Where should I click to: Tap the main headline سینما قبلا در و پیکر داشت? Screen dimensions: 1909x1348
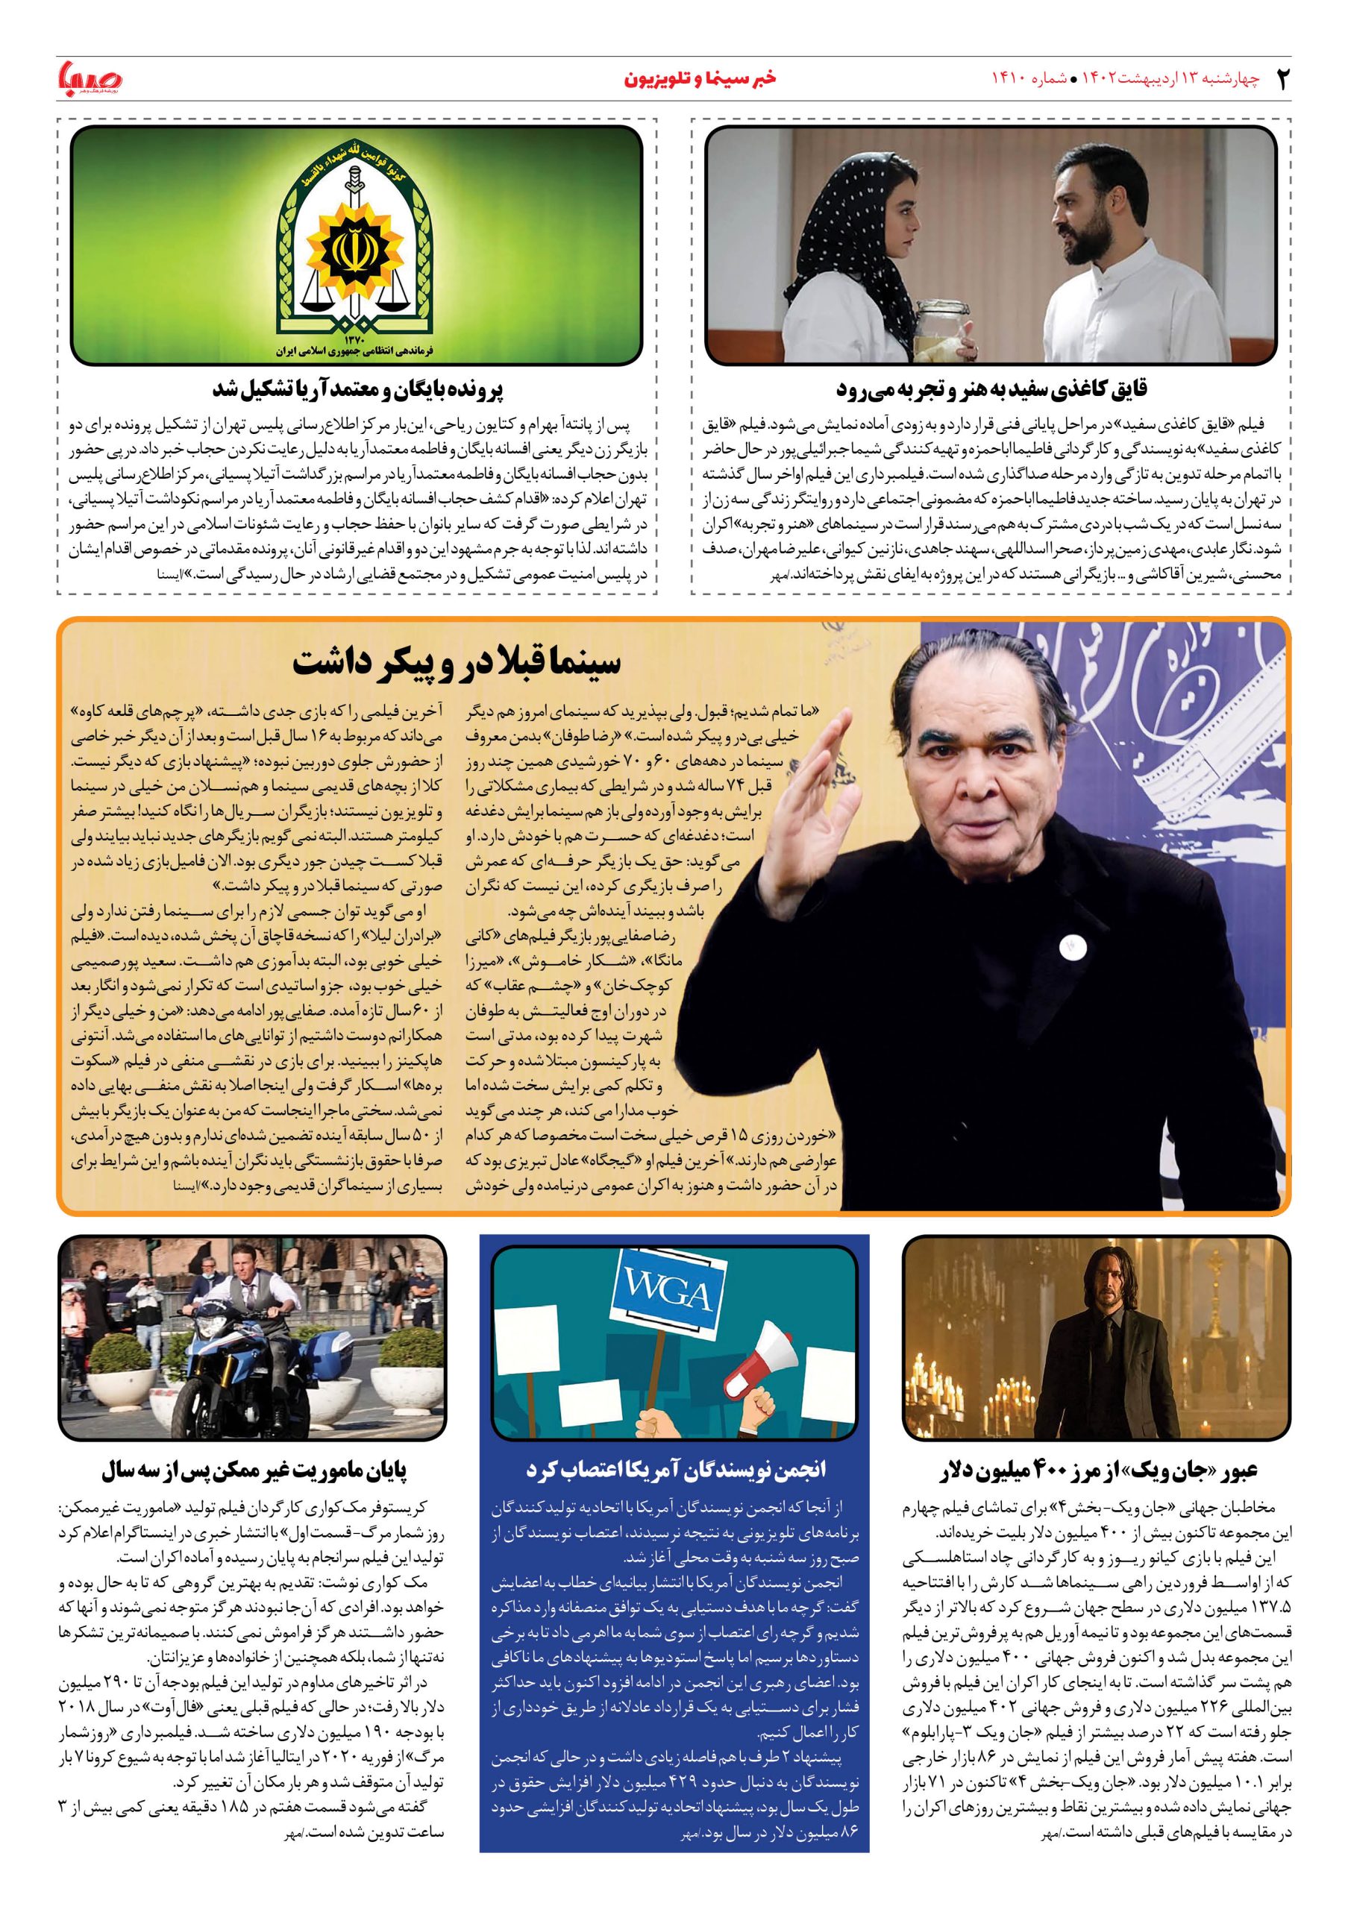(457, 665)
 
